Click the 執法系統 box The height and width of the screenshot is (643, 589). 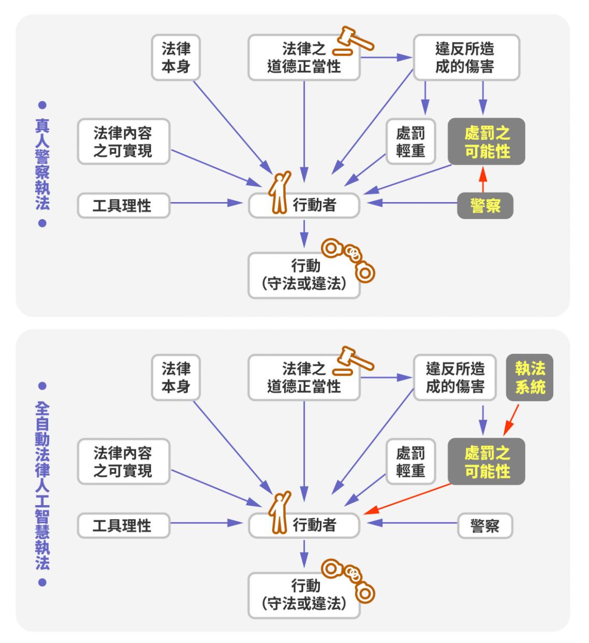529,377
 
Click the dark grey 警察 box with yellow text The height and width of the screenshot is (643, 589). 485,206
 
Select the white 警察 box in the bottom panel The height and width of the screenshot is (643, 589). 485,526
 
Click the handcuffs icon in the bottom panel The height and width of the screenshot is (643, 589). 349,579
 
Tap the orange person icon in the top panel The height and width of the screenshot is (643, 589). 279,193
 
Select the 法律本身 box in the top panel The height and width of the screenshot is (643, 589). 176,58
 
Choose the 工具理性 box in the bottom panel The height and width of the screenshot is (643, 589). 123,526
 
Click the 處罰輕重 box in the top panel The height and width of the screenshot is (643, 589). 410,141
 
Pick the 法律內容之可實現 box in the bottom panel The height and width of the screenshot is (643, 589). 123,462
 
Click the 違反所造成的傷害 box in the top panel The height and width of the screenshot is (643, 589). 466,58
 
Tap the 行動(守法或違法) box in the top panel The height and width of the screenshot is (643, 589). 304,275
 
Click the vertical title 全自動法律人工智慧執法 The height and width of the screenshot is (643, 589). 42,484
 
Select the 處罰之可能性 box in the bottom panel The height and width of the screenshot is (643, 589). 487,462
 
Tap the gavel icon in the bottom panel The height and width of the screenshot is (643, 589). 352,361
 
